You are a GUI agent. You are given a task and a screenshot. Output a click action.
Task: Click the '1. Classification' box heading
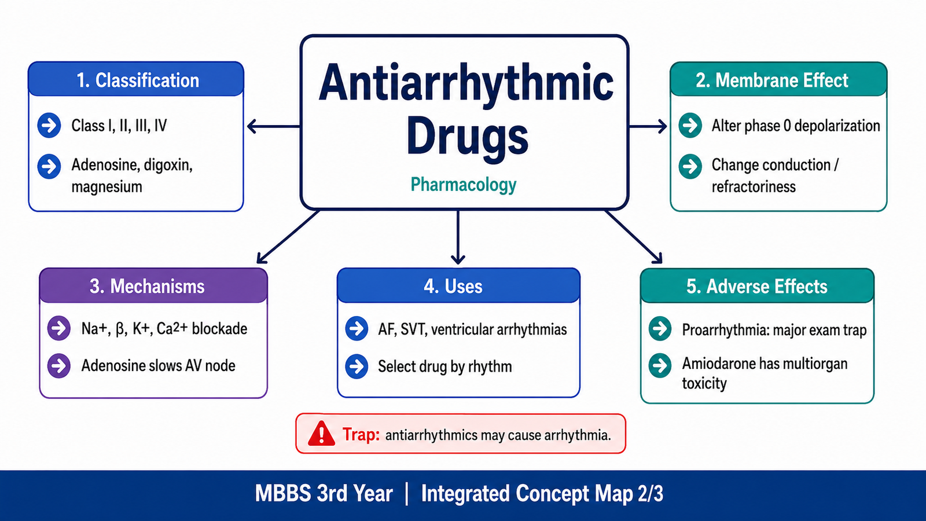click(136, 79)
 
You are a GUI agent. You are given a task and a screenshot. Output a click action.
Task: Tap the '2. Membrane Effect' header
click(778, 79)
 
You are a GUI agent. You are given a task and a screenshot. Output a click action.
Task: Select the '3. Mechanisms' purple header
click(153, 285)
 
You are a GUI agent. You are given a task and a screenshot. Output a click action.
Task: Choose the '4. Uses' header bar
click(458, 285)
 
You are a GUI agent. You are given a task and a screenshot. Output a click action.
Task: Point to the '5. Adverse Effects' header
click(757, 285)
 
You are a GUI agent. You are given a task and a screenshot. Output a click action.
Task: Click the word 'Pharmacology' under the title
click(464, 185)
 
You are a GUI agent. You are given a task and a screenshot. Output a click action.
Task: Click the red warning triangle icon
click(321, 434)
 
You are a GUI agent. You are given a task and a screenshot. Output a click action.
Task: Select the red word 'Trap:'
click(361, 435)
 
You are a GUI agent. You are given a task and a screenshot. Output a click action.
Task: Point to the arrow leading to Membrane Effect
click(648, 126)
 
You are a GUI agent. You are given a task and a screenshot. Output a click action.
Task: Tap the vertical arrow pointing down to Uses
click(458, 237)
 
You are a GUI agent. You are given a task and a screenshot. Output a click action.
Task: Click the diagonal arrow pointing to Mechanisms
click(288, 237)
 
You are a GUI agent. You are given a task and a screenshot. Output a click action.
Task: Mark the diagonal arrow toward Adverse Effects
click(633, 237)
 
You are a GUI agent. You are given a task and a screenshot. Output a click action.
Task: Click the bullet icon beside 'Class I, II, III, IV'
click(49, 125)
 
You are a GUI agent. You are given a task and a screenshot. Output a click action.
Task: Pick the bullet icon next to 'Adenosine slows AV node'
click(58, 365)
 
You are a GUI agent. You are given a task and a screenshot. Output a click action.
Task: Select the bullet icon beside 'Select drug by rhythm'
click(357, 366)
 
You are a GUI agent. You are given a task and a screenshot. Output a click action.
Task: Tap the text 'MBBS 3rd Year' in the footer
click(324, 493)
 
